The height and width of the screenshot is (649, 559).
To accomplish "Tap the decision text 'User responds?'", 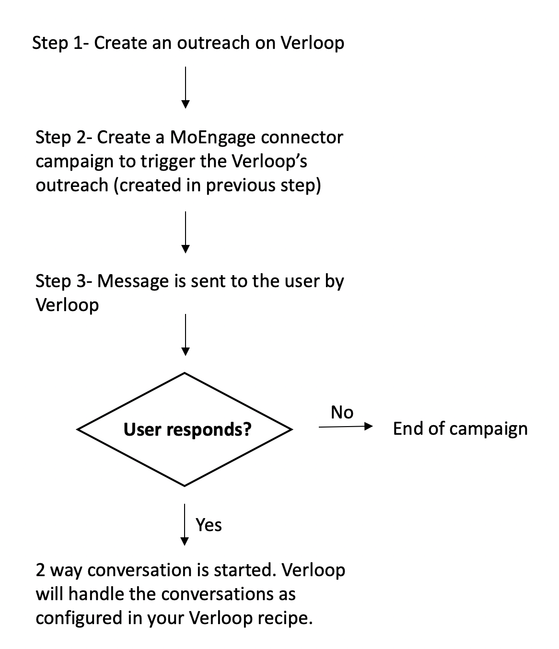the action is pyautogui.click(x=187, y=429).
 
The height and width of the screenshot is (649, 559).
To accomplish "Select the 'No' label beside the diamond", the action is pyautogui.click(x=342, y=412).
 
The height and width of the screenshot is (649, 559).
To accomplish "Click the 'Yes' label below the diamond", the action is pyautogui.click(x=209, y=525).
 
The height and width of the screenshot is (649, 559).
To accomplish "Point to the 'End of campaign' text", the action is pyautogui.click(x=460, y=429).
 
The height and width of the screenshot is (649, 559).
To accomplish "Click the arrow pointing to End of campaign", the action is pyautogui.click(x=346, y=427).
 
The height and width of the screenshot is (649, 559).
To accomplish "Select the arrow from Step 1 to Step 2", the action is pyautogui.click(x=186, y=88).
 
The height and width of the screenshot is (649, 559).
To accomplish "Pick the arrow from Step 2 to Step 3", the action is pyautogui.click(x=186, y=232).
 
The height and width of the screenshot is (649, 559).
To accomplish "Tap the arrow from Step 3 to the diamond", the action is pyautogui.click(x=186, y=335).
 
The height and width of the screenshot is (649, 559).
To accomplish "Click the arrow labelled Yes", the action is pyautogui.click(x=185, y=525).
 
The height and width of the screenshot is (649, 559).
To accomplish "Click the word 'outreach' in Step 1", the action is pyautogui.click(x=213, y=43).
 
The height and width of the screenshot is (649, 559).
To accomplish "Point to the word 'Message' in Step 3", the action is pyautogui.click(x=133, y=281).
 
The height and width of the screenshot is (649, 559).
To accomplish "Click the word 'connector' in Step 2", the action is pyautogui.click(x=302, y=139).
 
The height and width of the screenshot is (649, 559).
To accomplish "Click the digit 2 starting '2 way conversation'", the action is pyautogui.click(x=40, y=570).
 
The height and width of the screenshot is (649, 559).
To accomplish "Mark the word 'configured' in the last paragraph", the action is pyautogui.click(x=79, y=619).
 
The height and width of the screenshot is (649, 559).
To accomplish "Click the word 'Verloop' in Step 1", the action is pyautogui.click(x=313, y=43).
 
